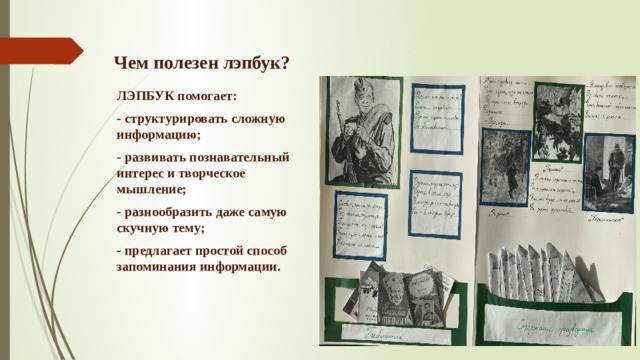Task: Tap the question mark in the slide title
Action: tap(285, 63)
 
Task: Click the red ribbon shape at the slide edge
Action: tap(40, 49)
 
